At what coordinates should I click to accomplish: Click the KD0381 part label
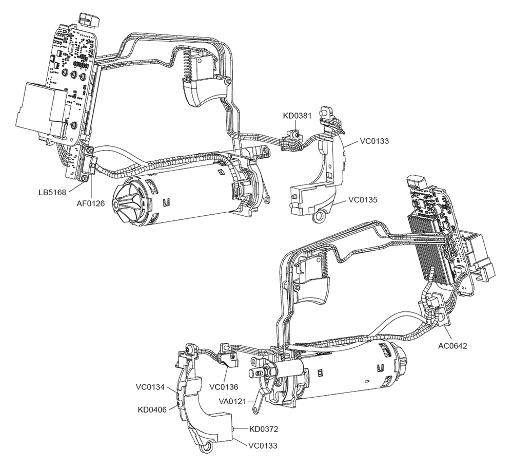[x=298, y=116]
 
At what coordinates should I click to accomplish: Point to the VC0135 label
[x=364, y=199]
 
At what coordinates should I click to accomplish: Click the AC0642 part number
[x=452, y=345]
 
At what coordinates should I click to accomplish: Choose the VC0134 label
[x=150, y=387]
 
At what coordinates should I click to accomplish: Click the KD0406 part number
[x=152, y=409]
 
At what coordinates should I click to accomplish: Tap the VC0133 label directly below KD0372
[x=263, y=445]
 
